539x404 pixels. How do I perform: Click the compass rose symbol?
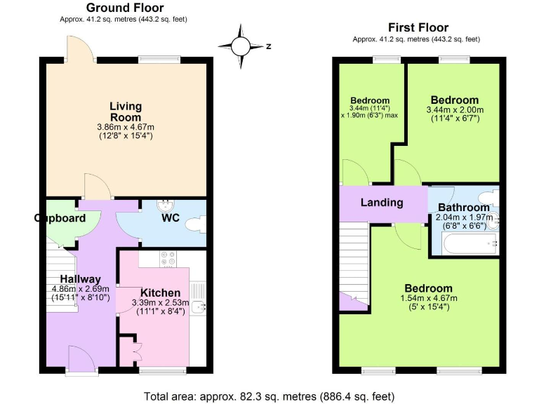tap(241, 46)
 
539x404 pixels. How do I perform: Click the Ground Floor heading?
tap(124, 8)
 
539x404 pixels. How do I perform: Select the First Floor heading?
tap(418, 27)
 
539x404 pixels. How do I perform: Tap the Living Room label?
tap(126, 112)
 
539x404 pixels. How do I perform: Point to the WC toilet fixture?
tap(196, 222)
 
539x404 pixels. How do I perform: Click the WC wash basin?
tap(165, 206)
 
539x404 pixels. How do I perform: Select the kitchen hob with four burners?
tap(168, 259)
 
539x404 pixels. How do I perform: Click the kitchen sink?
tap(199, 307)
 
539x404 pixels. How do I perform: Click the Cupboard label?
tap(60, 218)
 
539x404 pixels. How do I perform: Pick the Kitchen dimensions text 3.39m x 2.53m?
tap(161, 303)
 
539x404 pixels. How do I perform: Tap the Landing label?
tap(382, 203)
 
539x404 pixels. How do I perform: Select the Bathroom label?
tap(464, 208)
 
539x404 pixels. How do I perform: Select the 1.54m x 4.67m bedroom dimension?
tap(428, 298)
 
